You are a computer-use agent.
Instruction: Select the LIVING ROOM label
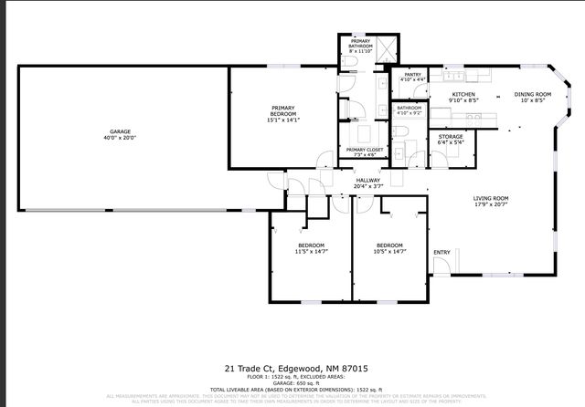(x=491, y=198)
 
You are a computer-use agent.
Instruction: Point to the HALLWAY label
(x=367, y=181)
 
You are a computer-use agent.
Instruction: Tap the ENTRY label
(x=441, y=253)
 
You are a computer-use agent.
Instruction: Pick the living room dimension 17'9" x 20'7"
(x=491, y=204)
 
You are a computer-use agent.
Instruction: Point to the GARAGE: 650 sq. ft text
(x=292, y=383)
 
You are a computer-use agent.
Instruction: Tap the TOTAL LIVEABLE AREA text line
(x=292, y=390)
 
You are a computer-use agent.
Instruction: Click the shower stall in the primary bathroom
(x=385, y=50)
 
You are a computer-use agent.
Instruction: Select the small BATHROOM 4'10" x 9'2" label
(x=409, y=108)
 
